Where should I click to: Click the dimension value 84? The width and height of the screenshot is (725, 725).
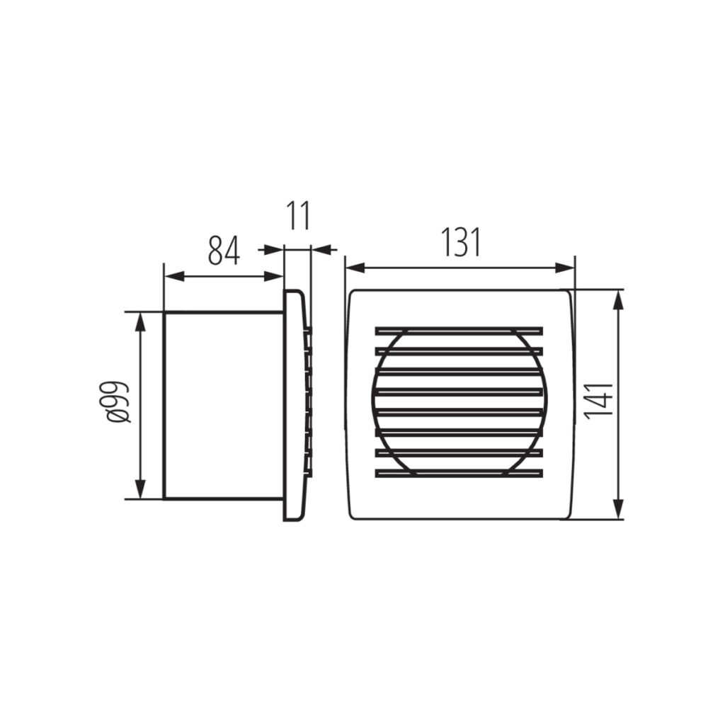(224, 250)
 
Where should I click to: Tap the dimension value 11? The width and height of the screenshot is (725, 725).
(298, 215)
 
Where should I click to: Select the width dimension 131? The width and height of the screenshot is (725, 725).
(460, 241)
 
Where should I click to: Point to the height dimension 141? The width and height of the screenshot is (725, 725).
(598, 401)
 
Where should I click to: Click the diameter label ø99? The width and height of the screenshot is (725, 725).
(119, 401)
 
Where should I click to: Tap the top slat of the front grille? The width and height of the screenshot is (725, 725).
(459, 331)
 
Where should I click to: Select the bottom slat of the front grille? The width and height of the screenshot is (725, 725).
(459, 474)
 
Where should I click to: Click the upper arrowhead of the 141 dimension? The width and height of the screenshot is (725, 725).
(617, 299)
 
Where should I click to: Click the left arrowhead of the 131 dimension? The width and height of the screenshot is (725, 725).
(355, 267)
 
